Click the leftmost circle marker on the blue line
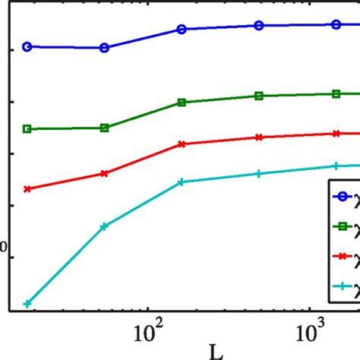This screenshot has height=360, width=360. tap(27, 46)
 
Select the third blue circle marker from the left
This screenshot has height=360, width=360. tap(182, 29)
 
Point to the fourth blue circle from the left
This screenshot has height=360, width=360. tap(259, 25)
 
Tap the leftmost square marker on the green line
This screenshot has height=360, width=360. tap(27, 129)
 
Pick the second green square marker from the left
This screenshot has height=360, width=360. tap(105, 128)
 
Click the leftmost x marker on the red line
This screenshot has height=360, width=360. tap(27, 188)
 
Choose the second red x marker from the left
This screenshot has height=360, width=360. tap(105, 173)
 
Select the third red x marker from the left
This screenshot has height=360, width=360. tap(182, 144)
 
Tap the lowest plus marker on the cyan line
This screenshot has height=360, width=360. tap(27, 303)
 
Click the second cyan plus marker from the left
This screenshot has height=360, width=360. tap(105, 226)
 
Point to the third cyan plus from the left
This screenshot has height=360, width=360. tap(182, 182)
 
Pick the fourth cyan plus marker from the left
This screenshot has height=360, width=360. tap(259, 174)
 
